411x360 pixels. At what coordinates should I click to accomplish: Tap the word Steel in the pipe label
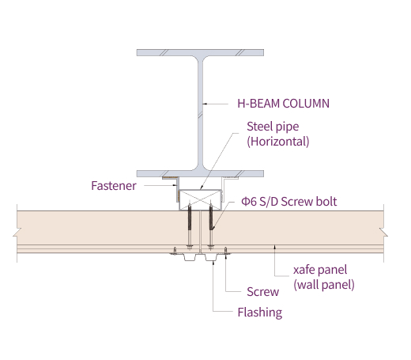tap(259, 127)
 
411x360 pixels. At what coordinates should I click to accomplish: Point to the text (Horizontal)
tap(278, 142)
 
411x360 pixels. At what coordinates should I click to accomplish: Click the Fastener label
tap(114, 186)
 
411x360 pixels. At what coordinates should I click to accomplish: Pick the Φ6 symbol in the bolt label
tap(249, 202)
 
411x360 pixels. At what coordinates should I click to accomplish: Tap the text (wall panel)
tap(324, 285)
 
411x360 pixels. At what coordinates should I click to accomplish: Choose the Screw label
tap(262, 292)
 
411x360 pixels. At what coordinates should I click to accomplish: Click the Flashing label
tap(260, 313)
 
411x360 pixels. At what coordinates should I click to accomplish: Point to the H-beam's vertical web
tap(201, 113)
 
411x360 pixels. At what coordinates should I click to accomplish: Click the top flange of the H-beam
tap(200, 52)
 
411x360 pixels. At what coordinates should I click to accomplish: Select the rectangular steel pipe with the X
tap(200, 200)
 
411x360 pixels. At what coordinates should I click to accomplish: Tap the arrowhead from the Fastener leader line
tap(175, 185)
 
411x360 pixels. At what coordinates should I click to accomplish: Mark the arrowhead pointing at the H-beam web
tap(205, 104)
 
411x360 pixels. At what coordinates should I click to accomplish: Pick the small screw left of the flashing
tap(175, 251)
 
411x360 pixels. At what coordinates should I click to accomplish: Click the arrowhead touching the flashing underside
tap(213, 263)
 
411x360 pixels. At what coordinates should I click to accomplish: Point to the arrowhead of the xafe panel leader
tap(274, 247)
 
